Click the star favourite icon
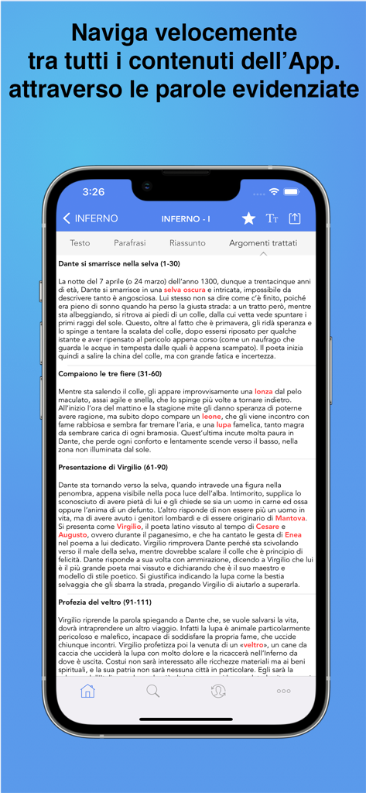(248, 218)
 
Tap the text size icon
(272, 218)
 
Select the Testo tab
(80, 242)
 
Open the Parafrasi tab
(130, 242)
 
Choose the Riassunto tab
(187, 242)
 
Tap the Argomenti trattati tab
(262, 242)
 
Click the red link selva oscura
(184, 289)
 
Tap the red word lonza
(264, 392)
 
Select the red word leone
(212, 416)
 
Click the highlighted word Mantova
(291, 518)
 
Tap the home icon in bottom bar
(87, 691)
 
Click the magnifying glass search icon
(153, 691)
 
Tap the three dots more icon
(284, 691)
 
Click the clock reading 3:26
(94, 191)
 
